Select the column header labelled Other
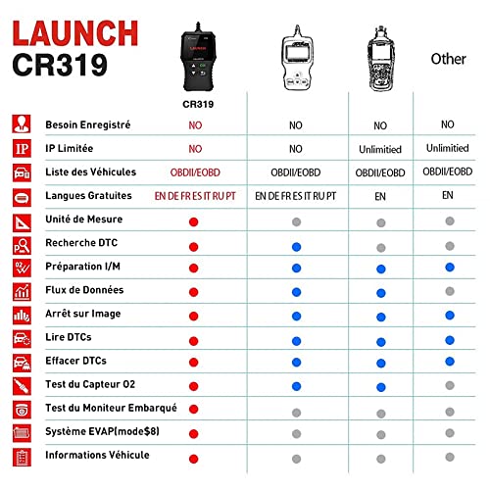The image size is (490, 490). [448, 59]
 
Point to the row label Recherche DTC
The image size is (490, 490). [82, 243]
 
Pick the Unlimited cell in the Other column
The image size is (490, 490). [448, 149]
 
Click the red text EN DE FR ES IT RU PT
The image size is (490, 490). [195, 196]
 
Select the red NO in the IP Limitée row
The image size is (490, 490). [195, 149]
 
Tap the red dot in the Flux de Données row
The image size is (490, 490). [195, 291]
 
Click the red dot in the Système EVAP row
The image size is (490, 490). [195, 432]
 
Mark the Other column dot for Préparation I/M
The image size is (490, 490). [448, 267]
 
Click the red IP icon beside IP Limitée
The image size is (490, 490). [21, 149]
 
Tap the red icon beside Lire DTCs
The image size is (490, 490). [21, 338]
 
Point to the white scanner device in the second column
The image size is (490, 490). [295, 54]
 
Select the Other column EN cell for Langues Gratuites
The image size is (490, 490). [448, 196]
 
